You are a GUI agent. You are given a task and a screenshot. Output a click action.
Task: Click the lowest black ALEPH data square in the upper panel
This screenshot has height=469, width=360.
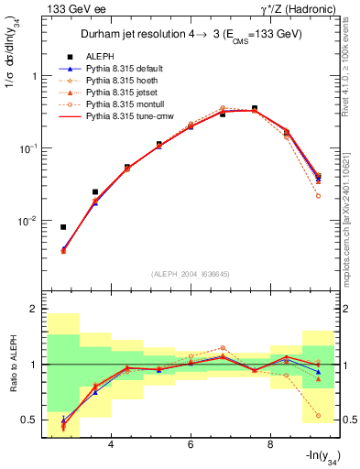(x=63, y=227)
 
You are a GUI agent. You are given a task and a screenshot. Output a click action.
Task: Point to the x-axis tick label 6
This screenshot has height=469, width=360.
(x=190, y=445)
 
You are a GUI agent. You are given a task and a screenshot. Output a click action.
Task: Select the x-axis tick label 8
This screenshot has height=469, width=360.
(x=269, y=445)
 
